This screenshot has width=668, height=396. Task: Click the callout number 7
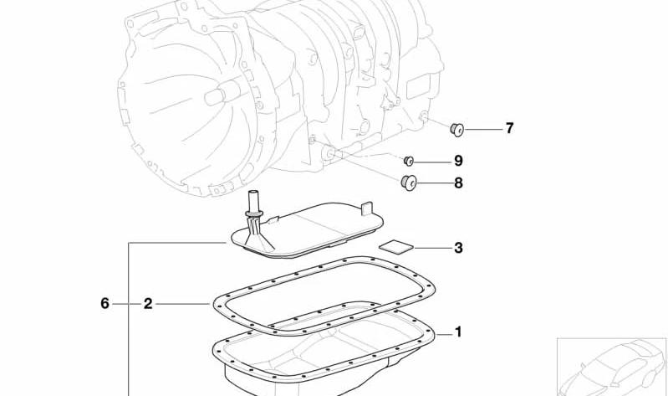click(509, 128)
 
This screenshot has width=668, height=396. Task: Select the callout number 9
click(458, 161)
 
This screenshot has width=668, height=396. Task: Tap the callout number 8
click(458, 183)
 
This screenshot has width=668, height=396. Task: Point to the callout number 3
click(458, 248)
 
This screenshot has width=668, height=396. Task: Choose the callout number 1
click(458, 332)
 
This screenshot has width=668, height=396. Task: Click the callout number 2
click(147, 304)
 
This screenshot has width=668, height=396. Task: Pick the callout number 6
click(105, 303)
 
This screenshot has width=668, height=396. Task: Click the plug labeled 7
click(457, 129)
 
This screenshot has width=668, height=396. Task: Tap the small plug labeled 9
click(409, 161)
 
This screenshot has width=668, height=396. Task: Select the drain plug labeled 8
click(409, 183)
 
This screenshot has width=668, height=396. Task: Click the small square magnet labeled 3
click(396, 248)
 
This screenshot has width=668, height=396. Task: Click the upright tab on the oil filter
click(367, 209)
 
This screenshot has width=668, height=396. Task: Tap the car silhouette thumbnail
click(612, 367)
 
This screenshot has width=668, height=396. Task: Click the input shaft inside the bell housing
click(220, 94)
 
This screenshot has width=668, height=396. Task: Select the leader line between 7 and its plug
click(483, 129)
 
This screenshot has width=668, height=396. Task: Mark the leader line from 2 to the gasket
click(183, 304)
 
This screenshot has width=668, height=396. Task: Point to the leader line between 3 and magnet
click(433, 248)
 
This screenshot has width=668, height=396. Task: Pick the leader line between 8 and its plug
click(435, 183)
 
